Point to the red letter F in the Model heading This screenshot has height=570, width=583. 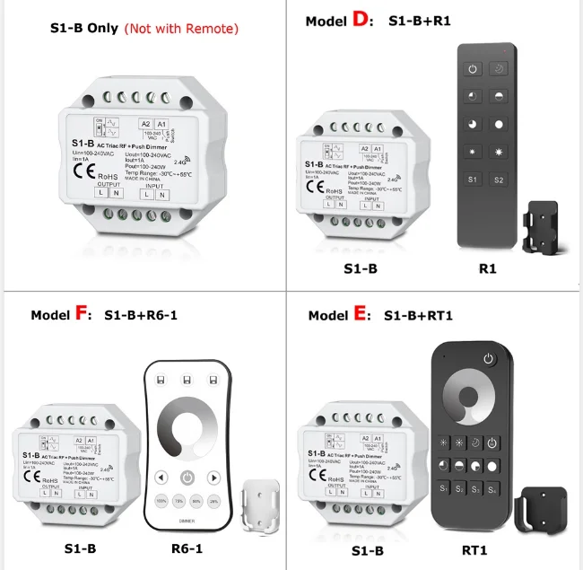[82, 314]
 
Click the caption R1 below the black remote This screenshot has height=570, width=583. [488, 268]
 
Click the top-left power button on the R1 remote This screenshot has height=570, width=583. [474, 69]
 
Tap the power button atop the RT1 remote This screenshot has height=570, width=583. [488, 360]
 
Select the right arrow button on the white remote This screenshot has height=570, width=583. [214, 477]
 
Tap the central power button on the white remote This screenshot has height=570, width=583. [187, 477]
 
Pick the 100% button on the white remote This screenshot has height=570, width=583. [162, 502]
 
